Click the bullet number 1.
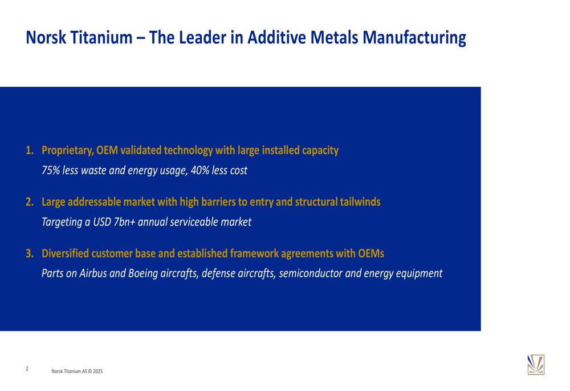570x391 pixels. pyautogui.click(x=28, y=151)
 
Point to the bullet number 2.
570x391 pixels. pyautogui.click(x=28, y=202)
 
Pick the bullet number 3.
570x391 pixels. pyautogui.click(x=28, y=253)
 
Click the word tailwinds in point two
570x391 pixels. pyautogui.click(x=361, y=202)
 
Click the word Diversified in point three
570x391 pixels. pyautogui.click(x=66, y=253)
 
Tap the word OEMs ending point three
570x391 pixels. pyautogui.click(x=370, y=253)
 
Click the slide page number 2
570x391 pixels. pyautogui.click(x=27, y=369)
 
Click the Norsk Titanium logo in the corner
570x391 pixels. pyautogui.click(x=535, y=365)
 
